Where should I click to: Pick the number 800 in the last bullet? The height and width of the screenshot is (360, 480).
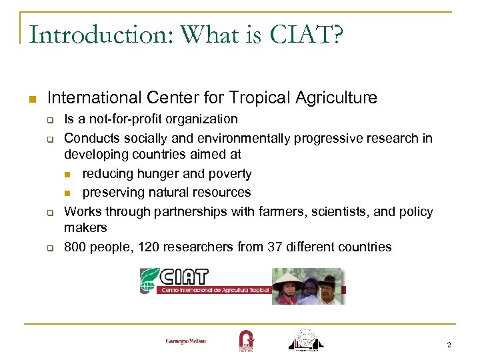[75, 247]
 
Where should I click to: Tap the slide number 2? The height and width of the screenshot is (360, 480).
[449, 345]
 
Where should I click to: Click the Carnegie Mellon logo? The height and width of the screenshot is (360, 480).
[186, 341]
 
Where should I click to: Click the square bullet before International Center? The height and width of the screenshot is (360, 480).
[31, 99]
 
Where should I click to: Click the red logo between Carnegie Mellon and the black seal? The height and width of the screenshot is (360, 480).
[245, 340]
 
